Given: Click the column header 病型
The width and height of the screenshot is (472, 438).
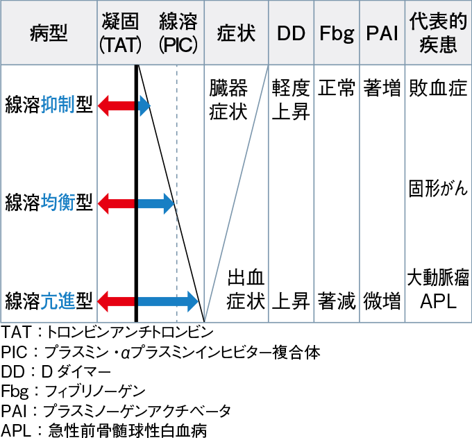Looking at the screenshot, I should tap(49, 33).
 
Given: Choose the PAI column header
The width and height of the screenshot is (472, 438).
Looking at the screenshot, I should tap(382, 33).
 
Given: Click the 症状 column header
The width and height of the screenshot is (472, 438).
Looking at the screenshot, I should tap(236, 33).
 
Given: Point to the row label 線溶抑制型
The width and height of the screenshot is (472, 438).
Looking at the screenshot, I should tap(49, 106).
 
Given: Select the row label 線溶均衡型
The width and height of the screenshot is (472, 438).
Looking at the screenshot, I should tap(49, 203).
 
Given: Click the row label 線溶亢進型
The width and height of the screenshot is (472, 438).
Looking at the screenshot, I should tap(49, 301).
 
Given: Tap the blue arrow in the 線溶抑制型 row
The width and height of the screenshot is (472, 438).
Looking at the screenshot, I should tap(144, 106).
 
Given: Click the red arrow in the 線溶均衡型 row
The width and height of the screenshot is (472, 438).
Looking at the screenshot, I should tap(117, 203).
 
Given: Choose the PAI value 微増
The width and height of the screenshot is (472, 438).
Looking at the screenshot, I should tap(382, 301).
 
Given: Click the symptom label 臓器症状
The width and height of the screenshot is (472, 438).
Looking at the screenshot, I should tap(229, 100).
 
